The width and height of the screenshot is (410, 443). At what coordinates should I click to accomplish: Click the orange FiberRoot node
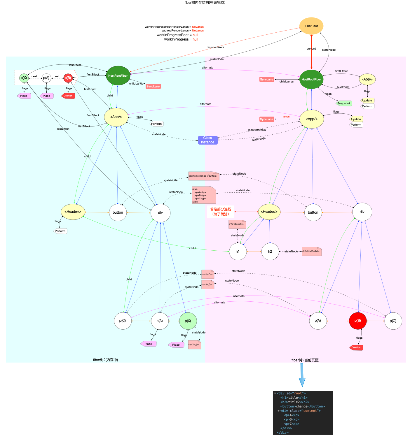pos(311,26)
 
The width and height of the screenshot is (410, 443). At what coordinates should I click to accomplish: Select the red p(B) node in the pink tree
pos(357,321)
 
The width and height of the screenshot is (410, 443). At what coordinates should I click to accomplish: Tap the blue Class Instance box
pos(207,140)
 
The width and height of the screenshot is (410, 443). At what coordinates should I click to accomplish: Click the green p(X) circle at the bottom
pos(188,321)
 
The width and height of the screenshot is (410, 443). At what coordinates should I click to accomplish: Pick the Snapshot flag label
pos(343,103)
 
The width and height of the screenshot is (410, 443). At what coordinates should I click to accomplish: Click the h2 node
pos(270,252)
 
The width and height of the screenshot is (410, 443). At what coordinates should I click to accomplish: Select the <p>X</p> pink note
pos(194,344)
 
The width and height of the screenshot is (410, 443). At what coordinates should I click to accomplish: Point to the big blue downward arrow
pos(302,375)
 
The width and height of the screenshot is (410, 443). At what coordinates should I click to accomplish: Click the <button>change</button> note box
pos(203,176)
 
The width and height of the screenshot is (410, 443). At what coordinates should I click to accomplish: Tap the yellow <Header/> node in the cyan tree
pos(73,212)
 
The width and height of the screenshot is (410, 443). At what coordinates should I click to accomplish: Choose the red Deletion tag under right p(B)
pos(356,347)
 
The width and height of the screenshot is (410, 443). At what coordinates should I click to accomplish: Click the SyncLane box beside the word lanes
pos(267,119)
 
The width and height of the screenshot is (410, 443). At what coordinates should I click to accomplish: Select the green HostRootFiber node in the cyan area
pos(118,75)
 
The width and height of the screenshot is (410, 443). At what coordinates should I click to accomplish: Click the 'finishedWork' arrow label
pos(216,47)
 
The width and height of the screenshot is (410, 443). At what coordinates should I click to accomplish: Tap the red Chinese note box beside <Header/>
pos(220,212)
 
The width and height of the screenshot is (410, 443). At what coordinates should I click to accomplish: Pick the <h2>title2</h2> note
pos(311,251)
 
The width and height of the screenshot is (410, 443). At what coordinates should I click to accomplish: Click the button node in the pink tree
pos(313,212)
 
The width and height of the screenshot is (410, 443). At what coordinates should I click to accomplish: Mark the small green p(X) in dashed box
pos(24,78)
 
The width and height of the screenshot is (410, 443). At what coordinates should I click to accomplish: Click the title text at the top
pos(205,3)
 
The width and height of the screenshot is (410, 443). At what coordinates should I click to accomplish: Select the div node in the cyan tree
pos(160,213)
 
